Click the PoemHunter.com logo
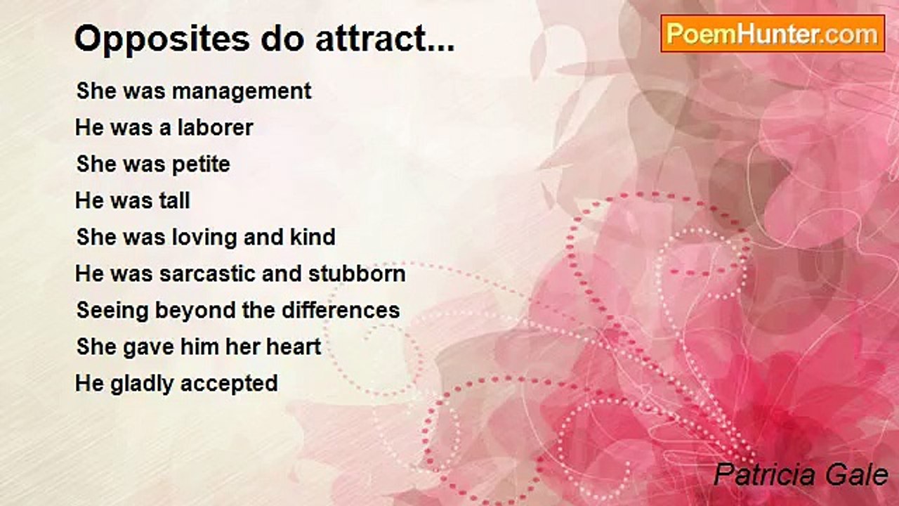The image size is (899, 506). point(773,34)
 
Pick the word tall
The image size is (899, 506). point(171,201)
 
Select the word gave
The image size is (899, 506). point(141,347)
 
